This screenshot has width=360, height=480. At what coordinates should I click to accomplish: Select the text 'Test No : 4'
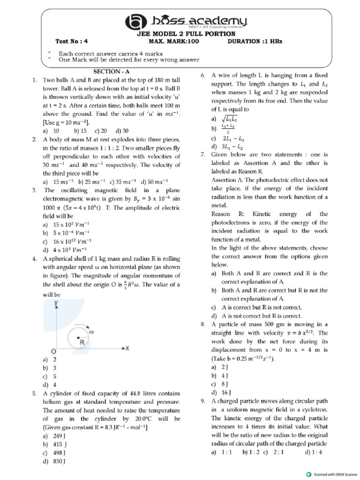[x=72, y=41]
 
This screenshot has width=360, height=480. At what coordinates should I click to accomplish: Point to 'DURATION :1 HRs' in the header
[x=255, y=41]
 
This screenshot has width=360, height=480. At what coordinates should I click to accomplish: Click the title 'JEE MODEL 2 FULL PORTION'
[x=180, y=34]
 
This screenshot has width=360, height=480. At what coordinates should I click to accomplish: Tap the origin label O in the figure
[x=54, y=351]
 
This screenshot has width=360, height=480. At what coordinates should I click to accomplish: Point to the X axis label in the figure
[x=127, y=348]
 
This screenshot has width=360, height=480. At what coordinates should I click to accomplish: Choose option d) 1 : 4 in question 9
[x=314, y=452]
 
